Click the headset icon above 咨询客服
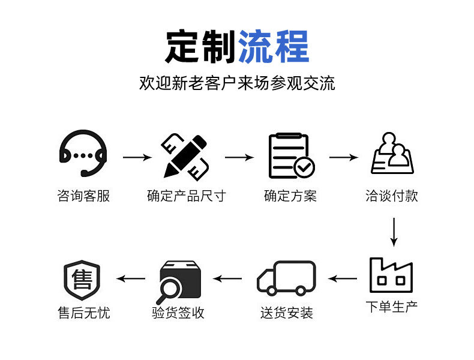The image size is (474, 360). tap(83, 155)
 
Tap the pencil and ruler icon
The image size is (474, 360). tap(185, 155)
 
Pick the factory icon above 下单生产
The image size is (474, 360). tap(391, 275)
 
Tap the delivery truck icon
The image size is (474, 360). tap(287, 277)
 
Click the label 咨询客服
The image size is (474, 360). tap(83, 196)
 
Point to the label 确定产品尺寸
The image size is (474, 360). tap(186, 196)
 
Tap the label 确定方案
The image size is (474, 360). tap(290, 196)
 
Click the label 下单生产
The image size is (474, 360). tap(392, 307)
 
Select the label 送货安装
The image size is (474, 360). tap(287, 313)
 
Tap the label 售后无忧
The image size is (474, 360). tap(83, 313)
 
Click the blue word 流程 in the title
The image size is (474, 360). tap(274, 46)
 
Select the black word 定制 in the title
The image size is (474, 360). tap(200, 46)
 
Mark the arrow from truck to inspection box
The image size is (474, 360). tap(228, 278)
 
